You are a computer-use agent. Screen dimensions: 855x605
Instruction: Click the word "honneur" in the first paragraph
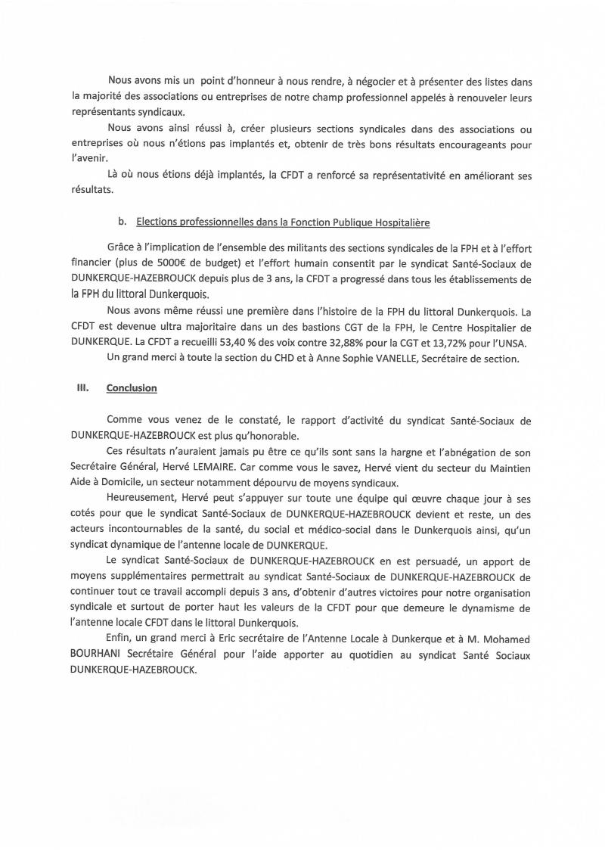pyautogui.click(x=249, y=80)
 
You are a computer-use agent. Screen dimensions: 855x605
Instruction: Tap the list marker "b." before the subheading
pyautogui.click(x=122, y=222)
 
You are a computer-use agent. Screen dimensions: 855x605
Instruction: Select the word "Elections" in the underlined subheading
pyautogui.click(x=157, y=222)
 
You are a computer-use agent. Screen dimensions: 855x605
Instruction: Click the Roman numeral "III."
pyautogui.click(x=83, y=388)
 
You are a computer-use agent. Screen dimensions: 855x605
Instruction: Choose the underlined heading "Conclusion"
pyautogui.click(x=132, y=388)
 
